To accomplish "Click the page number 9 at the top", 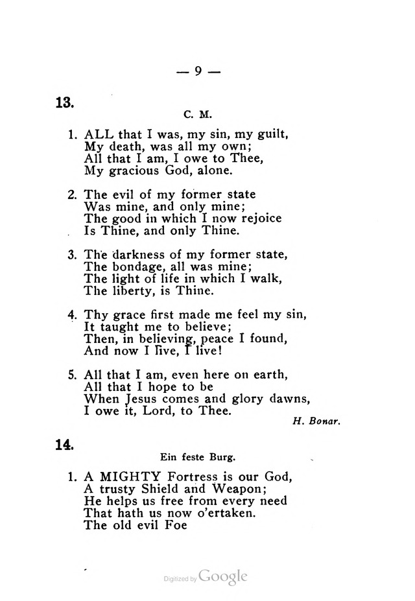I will click(x=199, y=72).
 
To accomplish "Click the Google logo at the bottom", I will click(x=224, y=576).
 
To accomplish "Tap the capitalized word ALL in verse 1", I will click(x=101, y=136).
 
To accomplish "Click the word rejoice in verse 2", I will click(x=257, y=218).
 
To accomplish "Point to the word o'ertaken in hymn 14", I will click(x=219, y=513).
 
